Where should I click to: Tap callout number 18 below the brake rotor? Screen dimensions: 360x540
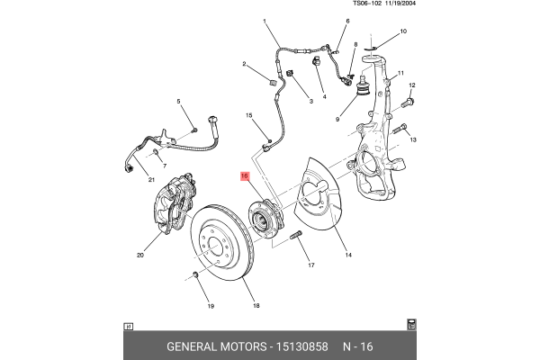click(256, 306)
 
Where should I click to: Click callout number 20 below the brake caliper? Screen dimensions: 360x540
click(140, 255)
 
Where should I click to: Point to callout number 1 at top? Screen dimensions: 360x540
click(265, 21)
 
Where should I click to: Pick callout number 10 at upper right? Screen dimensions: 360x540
click(403, 31)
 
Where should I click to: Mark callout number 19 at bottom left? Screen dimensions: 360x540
click(211, 306)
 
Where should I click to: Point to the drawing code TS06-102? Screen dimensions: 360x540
click(365, 4)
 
